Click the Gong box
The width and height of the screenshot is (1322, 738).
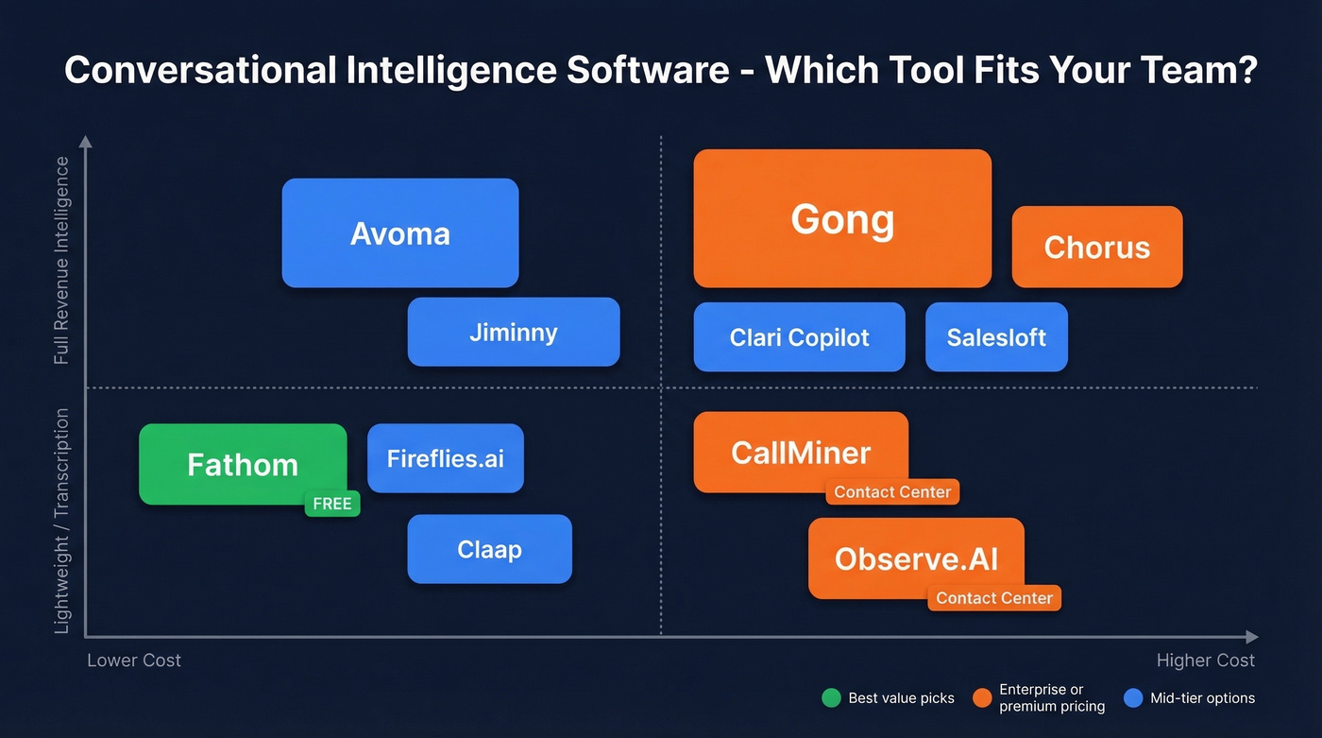[842, 219]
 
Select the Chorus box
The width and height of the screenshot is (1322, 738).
[1096, 248]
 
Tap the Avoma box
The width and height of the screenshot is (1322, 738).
[400, 233]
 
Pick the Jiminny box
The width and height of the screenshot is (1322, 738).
[514, 333]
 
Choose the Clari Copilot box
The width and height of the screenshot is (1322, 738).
[799, 337]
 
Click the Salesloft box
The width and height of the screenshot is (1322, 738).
[996, 337]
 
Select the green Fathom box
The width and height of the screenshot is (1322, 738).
[243, 464]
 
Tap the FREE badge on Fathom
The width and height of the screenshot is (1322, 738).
[332, 504]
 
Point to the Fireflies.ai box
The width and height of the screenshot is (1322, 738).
[446, 458]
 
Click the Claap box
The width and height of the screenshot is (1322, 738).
[489, 549]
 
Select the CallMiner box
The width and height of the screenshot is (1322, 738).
[801, 453]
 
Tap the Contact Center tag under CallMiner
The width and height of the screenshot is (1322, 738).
[892, 491]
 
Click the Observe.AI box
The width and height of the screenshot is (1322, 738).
[916, 558]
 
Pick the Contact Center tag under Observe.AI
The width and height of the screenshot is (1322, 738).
[994, 598]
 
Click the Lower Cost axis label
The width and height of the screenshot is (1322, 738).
[134, 661]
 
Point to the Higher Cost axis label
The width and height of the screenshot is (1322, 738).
[1206, 661]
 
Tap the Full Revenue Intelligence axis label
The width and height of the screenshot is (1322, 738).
[61, 261]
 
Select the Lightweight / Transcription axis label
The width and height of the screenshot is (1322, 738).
[61, 521]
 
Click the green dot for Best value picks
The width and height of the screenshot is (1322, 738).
[831, 698]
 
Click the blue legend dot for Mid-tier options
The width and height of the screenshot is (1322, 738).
[1134, 698]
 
